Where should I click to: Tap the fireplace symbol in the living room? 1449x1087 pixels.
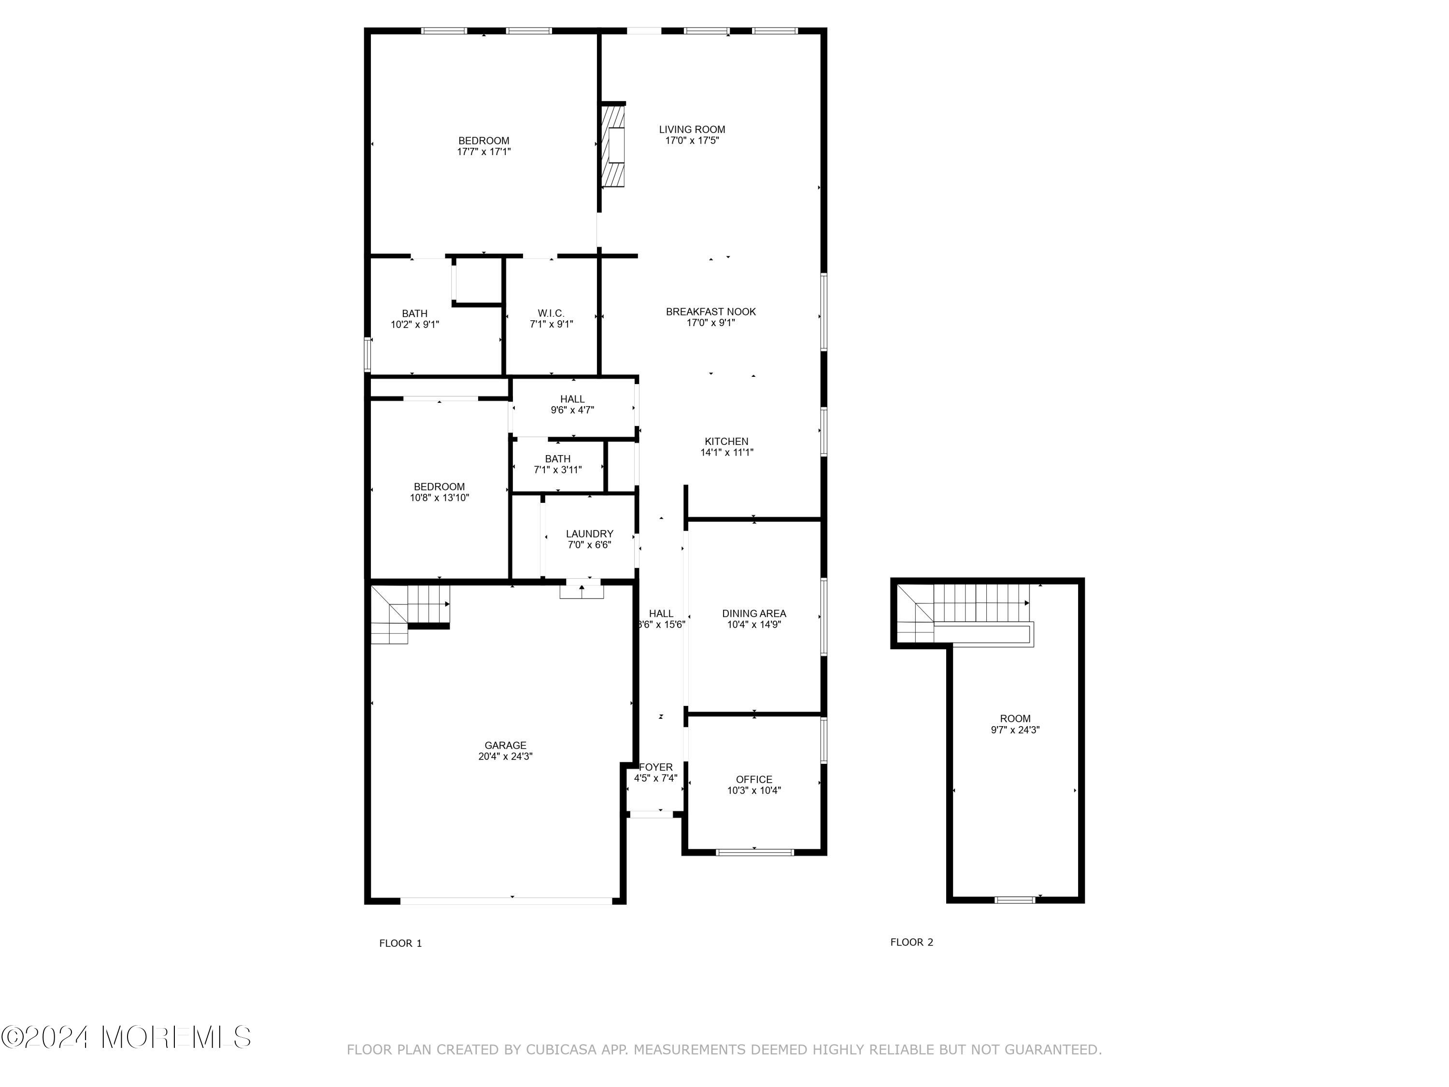(x=614, y=145)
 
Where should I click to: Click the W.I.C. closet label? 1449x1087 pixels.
(x=551, y=313)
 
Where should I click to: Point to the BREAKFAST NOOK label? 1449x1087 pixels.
(x=711, y=312)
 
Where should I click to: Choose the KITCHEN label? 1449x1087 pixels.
(x=726, y=442)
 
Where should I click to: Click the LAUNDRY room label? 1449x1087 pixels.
(x=590, y=534)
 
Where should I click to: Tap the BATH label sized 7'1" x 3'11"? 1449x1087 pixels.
(x=557, y=458)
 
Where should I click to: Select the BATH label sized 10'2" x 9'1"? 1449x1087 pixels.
(x=414, y=314)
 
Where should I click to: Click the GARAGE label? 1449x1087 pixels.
(x=505, y=745)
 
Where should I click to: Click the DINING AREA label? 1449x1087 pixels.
(x=754, y=613)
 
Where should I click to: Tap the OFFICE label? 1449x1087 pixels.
(x=754, y=779)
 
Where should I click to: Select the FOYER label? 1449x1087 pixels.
(x=656, y=767)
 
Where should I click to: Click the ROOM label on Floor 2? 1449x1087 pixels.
(x=1015, y=719)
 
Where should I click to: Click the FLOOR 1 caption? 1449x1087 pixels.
(x=400, y=944)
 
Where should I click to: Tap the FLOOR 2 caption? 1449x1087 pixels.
(x=911, y=942)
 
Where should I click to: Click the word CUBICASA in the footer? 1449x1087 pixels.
(x=561, y=1050)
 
